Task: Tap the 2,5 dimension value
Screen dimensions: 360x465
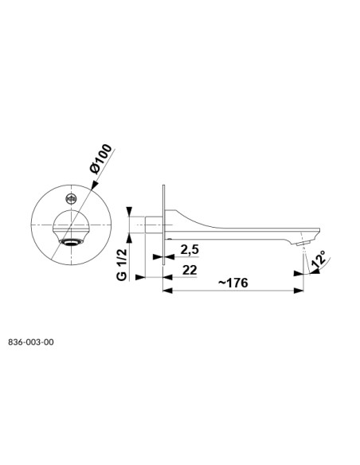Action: [x=190, y=250]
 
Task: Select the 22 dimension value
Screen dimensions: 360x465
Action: [x=190, y=270]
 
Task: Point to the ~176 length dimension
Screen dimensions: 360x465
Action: [x=233, y=283]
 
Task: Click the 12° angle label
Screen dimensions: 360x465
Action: [x=319, y=259]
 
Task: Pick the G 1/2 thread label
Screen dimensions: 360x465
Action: [x=122, y=264]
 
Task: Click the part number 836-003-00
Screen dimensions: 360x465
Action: [x=31, y=342]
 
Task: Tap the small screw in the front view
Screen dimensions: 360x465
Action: [x=71, y=199]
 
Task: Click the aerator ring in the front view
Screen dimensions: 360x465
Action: [x=71, y=242]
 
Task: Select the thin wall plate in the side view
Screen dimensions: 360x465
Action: [x=163, y=225]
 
